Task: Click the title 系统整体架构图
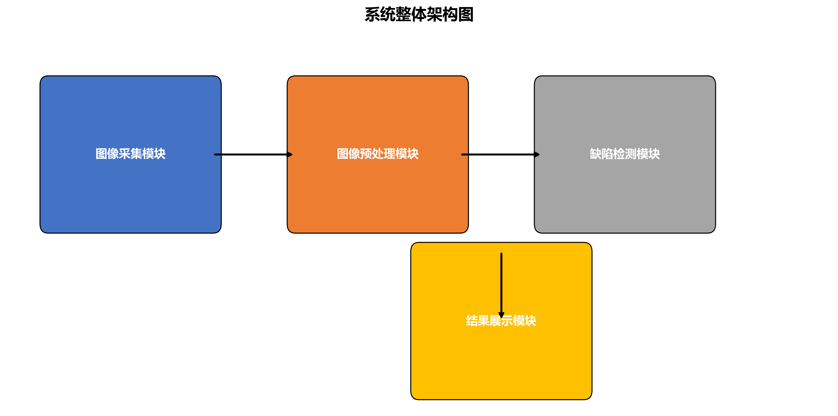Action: (419, 15)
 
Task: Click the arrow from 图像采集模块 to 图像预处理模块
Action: (250, 154)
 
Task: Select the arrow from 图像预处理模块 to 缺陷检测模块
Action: (498, 154)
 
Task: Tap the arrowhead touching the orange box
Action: (289, 154)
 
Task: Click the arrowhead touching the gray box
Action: (537, 154)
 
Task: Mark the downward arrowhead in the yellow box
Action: (501, 315)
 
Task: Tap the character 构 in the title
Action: (450, 15)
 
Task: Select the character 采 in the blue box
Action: (125, 154)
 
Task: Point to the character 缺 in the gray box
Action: (596, 154)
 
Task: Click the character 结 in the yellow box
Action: (472, 321)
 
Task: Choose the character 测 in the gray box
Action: (631, 154)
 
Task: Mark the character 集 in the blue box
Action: (136, 154)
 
